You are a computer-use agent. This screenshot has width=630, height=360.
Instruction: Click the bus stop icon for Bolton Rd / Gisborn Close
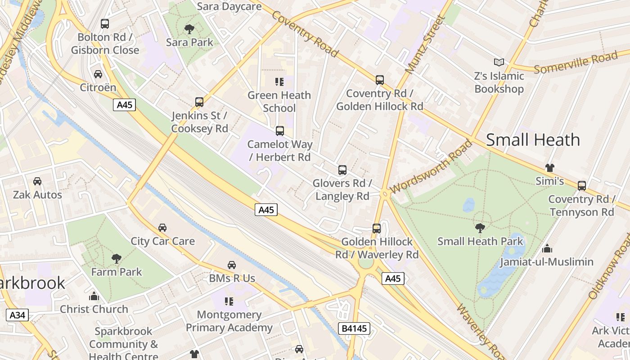105,24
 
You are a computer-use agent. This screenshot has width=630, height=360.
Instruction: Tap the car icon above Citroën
98,74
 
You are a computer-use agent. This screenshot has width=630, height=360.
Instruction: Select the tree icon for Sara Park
189,29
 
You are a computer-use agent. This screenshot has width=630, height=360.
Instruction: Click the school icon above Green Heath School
279,82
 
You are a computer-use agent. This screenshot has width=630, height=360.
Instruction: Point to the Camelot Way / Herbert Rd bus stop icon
280,131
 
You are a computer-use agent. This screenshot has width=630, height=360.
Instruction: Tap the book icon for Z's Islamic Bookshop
499,63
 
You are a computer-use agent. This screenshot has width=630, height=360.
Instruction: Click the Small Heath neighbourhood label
533,139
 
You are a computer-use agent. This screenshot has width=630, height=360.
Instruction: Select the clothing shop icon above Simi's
549,168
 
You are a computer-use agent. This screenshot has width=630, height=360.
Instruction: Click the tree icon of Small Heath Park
480,228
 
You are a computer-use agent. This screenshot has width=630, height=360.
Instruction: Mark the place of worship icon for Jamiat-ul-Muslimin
547,248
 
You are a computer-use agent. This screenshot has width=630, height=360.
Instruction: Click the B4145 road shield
354,328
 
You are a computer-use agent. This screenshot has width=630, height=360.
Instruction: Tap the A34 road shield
18,315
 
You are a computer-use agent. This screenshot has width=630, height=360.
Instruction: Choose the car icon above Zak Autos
37,181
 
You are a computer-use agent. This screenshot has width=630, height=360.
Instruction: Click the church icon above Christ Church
94,296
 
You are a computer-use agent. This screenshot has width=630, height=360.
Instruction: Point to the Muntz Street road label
425,44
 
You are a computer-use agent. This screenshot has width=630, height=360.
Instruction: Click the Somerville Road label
576,63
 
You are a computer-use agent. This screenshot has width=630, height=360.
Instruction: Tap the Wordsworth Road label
432,167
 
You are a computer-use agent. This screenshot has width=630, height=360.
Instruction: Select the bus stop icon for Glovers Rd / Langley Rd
342,170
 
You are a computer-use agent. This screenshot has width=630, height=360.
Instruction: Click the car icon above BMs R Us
232,265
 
